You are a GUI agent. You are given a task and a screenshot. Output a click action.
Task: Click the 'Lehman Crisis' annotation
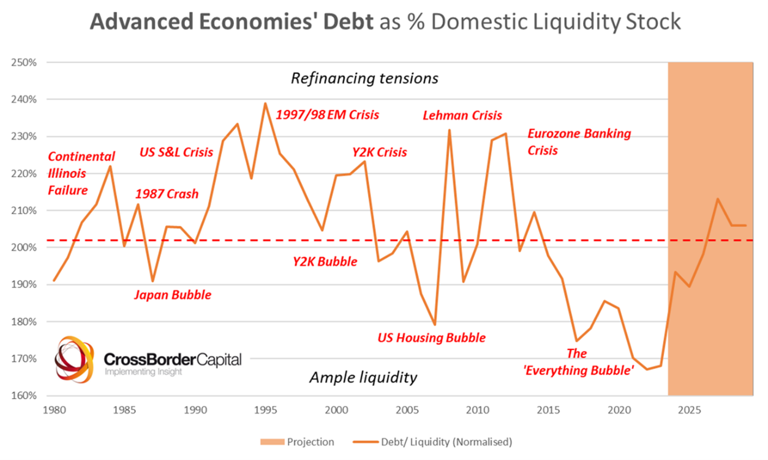[x=462, y=115]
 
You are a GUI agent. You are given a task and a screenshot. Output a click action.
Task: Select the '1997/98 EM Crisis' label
[x=328, y=114]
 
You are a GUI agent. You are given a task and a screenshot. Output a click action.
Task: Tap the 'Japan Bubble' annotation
[x=173, y=295]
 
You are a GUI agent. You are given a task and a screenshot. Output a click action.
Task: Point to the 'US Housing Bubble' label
[x=431, y=338]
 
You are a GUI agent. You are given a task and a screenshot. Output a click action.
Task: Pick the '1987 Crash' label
[x=167, y=194]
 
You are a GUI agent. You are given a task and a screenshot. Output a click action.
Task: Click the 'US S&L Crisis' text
[x=176, y=152]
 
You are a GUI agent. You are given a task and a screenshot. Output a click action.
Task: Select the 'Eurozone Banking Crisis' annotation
[x=579, y=141]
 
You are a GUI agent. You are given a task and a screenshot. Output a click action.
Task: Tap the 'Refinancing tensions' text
[x=364, y=78]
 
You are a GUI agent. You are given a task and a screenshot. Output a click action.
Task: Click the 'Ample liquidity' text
[x=363, y=377]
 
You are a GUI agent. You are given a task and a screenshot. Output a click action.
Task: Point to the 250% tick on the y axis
[x=24, y=62]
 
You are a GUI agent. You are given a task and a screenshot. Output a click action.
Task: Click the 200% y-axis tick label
[x=24, y=248]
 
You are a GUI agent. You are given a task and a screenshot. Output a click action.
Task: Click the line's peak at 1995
[x=265, y=103]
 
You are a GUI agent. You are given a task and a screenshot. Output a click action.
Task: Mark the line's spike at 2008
[x=449, y=130]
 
